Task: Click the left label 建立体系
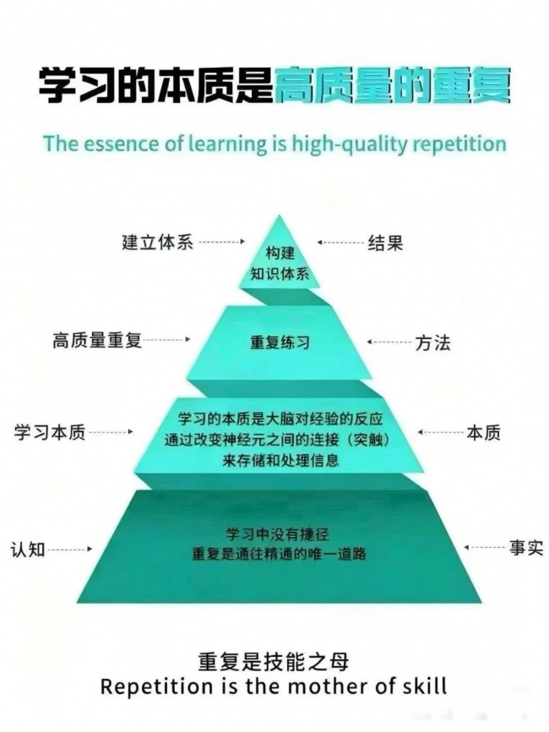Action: click(x=158, y=243)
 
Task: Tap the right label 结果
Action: click(x=385, y=243)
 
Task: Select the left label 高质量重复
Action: click(x=97, y=341)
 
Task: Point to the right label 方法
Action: click(x=432, y=343)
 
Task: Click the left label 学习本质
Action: click(x=50, y=432)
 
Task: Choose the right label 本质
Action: click(x=483, y=433)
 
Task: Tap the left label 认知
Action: click(x=28, y=549)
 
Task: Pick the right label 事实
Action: click(x=526, y=548)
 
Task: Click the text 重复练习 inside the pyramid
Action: click(x=280, y=342)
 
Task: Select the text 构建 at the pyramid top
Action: click(x=280, y=254)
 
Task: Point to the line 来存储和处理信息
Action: click(x=280, y=461)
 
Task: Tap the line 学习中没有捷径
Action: click(x=278, y=534)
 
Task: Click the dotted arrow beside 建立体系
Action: click(x=221, y=242)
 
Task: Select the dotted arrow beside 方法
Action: click(x=389, y=342)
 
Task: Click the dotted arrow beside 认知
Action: click(x=70, y=549)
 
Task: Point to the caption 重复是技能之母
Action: click(x=274, y=662)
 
